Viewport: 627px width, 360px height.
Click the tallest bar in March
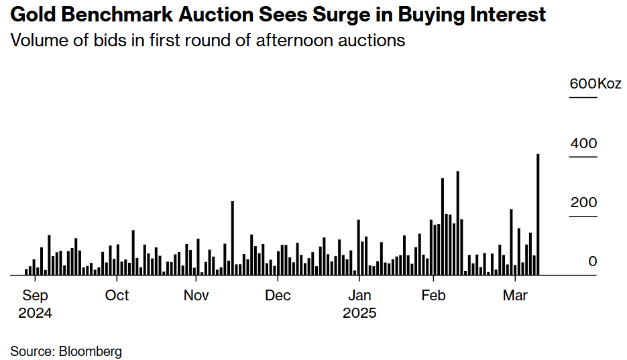click(538, 215)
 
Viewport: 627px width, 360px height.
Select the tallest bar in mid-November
click(232, 238)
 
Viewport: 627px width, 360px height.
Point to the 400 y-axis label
click(583, 143)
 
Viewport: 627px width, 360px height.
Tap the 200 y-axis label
click(583, 202)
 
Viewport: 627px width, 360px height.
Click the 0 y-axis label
click(592, 261)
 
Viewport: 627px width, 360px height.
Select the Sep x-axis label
click(35, 296)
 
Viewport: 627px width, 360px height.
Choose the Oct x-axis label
click(117, 296)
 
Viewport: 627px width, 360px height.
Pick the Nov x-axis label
click(196, 296)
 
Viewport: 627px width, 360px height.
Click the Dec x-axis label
click(278, 296)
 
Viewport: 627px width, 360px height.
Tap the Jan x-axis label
click(359, 296)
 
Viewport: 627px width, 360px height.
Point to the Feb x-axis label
click(433, 296)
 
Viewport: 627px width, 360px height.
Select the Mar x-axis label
click(515, 296)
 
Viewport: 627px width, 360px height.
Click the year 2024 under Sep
click(35, 313)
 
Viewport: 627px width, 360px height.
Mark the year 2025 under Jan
click(359, 313)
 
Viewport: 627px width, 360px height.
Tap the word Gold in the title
click(30, 15)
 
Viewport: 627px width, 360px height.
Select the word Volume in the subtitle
click(38, 40)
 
